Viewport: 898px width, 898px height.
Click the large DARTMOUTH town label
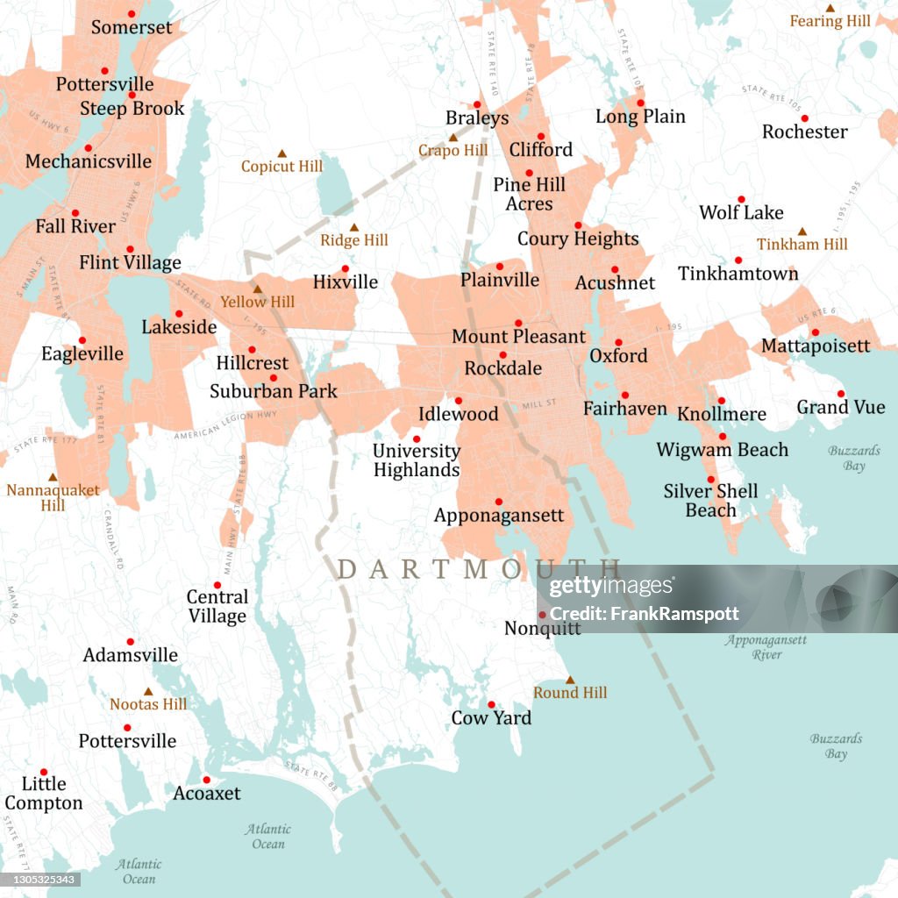tap(479, 569)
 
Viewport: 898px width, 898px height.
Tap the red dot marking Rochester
tap(804, 118)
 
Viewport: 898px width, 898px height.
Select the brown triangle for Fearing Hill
tap(830, 8)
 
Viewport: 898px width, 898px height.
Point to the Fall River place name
tap(75, 226)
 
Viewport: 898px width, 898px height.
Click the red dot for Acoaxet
tap(207, 780)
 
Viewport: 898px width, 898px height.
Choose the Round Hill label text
tap(570, 693)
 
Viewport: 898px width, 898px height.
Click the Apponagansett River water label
tap(766, 647)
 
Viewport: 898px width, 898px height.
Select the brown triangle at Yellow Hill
tap(258, 289)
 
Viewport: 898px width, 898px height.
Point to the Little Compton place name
tap(44, 793)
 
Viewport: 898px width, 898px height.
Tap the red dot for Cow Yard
tap(492, 704)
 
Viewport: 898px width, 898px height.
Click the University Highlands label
tap(417, 460)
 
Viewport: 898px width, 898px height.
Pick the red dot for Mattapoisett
tap(815, 332)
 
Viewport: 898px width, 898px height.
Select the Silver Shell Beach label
tap(710, 501)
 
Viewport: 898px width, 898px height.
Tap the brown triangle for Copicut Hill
tap(282, 153)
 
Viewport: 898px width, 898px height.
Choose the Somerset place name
tap(132, 28)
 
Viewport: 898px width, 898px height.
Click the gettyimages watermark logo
tap(611, 587)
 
